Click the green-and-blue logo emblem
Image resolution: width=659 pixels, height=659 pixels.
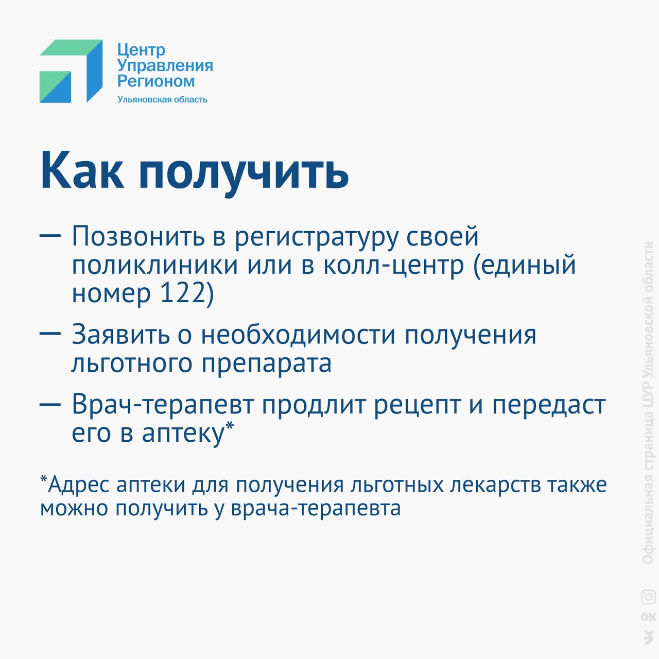(x=71, y=71)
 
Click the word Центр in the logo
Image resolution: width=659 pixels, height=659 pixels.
(x=141, y=50)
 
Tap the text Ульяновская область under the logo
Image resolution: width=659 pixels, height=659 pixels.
(x=163, y=99)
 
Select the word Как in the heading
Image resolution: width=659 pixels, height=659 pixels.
(x=82, y=170)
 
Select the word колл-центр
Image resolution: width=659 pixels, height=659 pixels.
(x=394, y=266)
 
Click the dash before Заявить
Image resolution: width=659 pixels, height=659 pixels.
(x=50, y=333)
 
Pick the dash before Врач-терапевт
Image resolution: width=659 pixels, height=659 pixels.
(x=50, y=404)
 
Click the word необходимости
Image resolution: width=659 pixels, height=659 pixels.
(x=298, y=334)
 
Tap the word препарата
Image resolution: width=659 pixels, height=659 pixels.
(x=266, y=364)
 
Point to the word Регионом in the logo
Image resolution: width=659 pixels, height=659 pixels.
(x=156, y=81)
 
